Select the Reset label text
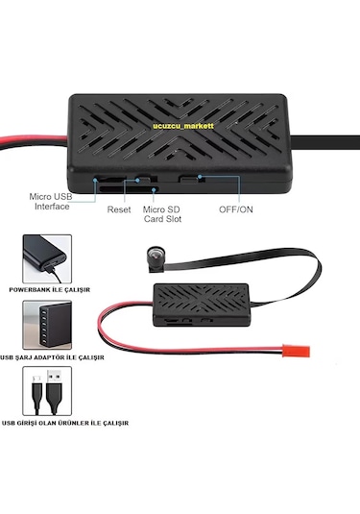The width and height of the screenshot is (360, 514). click(x=119, y=208)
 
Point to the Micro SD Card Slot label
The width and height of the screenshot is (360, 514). click(x=162, y=213)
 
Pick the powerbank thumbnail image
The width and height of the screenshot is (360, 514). click(x=45, y=260)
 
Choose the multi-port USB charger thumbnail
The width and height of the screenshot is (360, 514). click(x=45, y=330)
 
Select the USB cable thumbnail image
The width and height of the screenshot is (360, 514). click(x=45, y=396)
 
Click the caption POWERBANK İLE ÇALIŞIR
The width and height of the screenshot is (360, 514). click(x=48, y=289)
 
